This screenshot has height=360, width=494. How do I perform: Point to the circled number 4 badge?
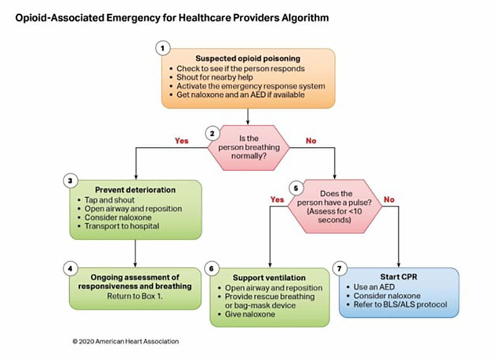[71, 268]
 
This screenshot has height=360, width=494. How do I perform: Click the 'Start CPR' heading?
[399, 277]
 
